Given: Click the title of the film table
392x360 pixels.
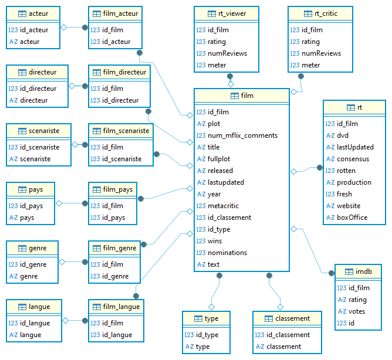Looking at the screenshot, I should [247, 96].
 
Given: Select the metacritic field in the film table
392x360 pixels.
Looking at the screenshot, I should [223, 206].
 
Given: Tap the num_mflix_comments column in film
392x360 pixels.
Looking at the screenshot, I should [242, 135].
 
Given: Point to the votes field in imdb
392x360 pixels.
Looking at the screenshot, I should [356, 311].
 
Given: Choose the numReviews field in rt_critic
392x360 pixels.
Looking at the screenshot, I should [321, 53].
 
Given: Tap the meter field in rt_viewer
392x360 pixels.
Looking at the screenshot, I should [217, 65].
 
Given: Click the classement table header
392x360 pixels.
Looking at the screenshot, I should [292, 318].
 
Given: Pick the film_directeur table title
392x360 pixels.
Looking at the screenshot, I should [125, 72].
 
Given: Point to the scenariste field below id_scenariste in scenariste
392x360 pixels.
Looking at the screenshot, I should [35, 159].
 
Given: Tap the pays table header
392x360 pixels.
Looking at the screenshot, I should [36, 189].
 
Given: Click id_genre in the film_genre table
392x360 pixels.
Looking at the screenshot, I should [115, 276].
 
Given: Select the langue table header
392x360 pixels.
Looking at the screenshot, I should [39, 307].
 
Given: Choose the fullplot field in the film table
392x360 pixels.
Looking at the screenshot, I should [219, 159].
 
